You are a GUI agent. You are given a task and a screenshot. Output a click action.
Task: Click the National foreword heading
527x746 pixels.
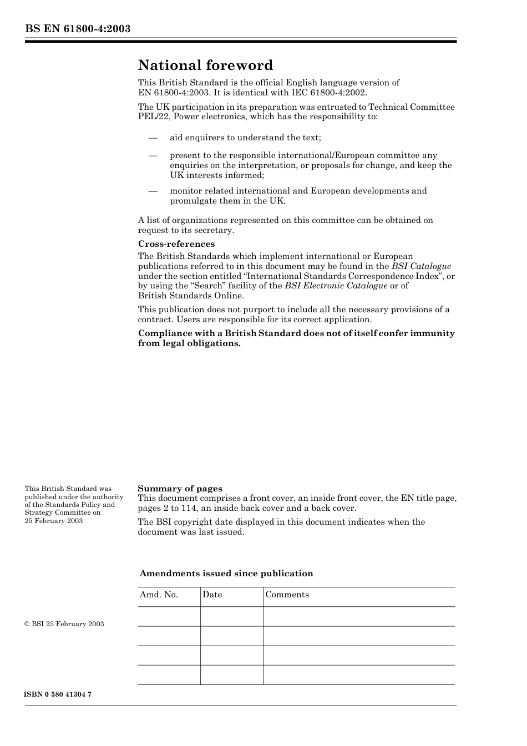[205, 65]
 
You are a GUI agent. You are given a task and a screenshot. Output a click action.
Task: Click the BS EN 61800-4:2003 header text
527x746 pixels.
[78, 29]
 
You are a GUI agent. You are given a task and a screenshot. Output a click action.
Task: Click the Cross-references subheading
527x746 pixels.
[176, 244]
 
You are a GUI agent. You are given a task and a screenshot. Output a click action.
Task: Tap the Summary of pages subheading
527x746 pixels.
[180, 489]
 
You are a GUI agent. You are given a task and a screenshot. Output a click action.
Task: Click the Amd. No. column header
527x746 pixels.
[159, 595]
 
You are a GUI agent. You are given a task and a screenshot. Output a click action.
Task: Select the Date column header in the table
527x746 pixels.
[212, 595]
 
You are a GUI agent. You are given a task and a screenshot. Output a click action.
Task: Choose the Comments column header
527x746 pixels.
[287, 595]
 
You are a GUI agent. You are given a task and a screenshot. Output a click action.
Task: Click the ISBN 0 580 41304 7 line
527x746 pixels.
[58, 694]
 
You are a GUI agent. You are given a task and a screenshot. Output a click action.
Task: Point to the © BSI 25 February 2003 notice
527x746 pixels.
[64, 624]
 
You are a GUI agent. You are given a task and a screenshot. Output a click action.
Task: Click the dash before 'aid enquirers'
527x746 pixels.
[153, 138]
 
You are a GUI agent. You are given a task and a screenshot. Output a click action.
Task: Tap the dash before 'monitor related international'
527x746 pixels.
[153, 191]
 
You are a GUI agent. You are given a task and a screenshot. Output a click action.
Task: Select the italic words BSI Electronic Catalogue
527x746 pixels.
[336, 286]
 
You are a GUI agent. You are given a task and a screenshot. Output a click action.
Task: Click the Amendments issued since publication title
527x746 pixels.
[226, 574]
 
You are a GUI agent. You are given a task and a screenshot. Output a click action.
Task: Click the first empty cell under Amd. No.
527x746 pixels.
[169, 616]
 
